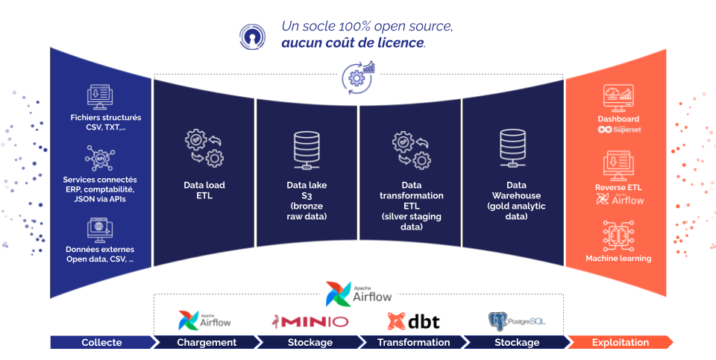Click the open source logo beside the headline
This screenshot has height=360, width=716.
(x=253, y=35)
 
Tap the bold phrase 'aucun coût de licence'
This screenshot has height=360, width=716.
(x=353, y=42)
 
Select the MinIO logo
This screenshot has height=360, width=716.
(x=310, y=321)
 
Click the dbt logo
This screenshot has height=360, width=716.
(x=413, y=321)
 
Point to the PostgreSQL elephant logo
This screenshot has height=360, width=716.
(x=497, y=321)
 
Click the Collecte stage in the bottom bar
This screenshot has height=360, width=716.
(x=101, y=342)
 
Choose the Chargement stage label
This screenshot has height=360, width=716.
(x=206, y=342)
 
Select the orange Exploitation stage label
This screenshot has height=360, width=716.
(x=620, y=342)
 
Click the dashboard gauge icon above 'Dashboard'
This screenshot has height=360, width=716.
(x=618, y=98)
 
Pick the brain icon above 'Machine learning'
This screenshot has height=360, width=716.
(x=618, y=235)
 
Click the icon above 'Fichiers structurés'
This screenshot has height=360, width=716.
(x=101, y=98)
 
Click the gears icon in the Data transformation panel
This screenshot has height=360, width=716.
(x=411, y=149)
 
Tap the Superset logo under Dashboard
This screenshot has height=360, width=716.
(x=619, y=130)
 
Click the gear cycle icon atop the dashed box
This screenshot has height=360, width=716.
(x=358, y=76)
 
